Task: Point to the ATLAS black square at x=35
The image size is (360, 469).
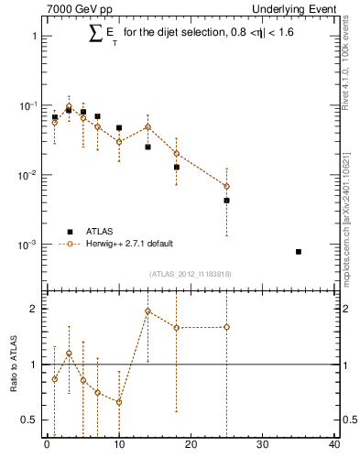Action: (298, 251)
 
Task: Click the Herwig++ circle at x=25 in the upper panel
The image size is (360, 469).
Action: (226, 186)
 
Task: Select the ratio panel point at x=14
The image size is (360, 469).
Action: (147, 311)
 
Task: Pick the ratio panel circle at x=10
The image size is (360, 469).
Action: (119, 402)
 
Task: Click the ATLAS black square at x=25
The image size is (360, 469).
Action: (226, 200)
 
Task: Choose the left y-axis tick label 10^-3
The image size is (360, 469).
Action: (27, 245)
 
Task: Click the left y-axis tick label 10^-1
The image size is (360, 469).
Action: (27, 106)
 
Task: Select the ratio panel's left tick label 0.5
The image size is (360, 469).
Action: (29, 420)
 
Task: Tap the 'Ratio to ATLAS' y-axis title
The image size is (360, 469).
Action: (14, 365)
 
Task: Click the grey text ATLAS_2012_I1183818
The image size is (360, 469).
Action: (190, 274)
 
